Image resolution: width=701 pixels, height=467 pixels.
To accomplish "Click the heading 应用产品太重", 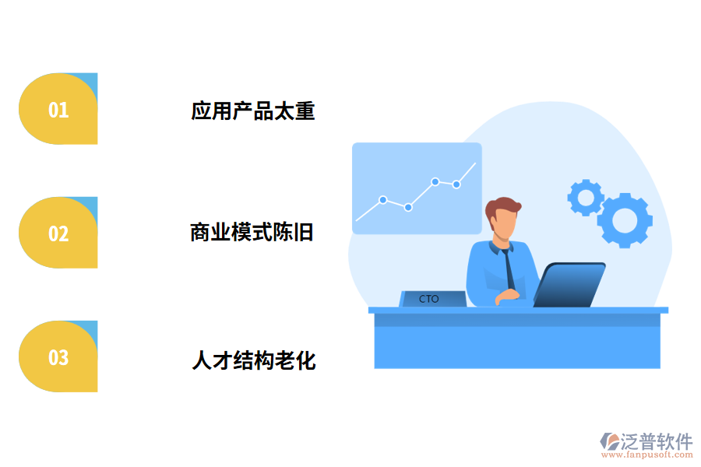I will [253, 111].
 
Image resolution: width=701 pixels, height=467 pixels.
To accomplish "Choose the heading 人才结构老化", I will [254, 360].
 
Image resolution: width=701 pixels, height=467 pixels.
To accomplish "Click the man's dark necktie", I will [509, 269].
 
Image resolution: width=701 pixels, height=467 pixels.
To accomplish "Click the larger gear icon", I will [625, 220].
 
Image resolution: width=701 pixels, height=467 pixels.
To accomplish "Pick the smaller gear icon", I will [585, 197].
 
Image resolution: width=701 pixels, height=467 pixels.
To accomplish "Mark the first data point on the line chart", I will [383, 199].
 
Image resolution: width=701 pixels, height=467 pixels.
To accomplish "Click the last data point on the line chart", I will [456, 184].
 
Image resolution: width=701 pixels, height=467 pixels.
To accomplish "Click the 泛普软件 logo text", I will [657, 441].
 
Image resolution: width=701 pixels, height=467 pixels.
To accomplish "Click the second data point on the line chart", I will [408, 207].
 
